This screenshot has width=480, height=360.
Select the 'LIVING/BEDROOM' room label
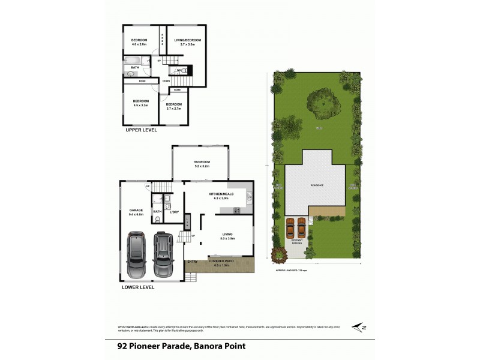[187, 40]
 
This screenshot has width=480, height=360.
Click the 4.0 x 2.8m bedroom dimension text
[140, 44]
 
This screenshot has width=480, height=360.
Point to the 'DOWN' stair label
[166, 80]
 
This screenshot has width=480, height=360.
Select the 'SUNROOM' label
[202, 162]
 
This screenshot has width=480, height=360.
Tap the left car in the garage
[137, 254]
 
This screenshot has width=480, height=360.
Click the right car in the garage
[163, 253]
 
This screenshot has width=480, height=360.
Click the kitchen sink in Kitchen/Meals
[249, 196]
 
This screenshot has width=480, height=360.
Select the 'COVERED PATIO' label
[221, 262]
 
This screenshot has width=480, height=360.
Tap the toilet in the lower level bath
[157, 220]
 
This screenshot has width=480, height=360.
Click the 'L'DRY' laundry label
[175, 212]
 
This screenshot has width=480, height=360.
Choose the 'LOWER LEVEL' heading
[138, 287]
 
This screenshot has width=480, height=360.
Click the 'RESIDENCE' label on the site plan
[316, 185]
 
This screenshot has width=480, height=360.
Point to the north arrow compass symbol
[359, 327]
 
